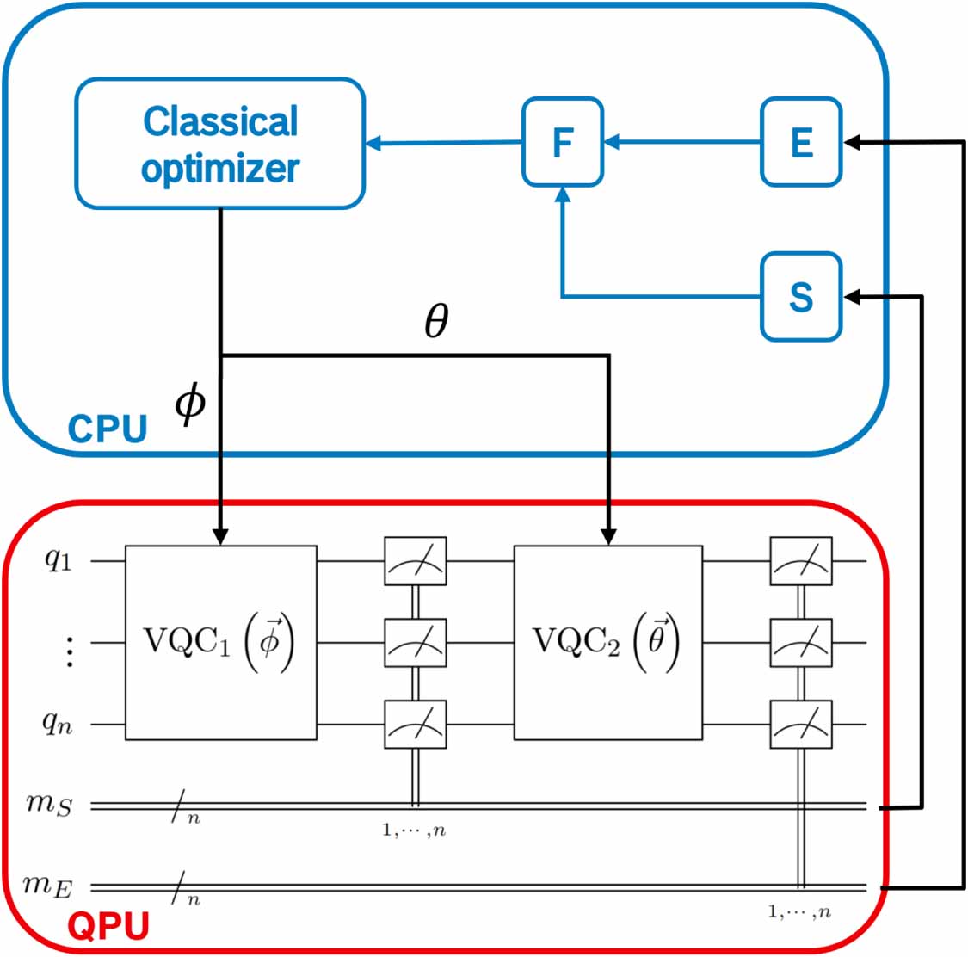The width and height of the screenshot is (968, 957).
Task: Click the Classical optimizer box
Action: [x=220, y=144]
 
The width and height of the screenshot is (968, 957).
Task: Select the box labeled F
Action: [x=563, y=142]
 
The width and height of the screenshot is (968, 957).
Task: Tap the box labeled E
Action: [x=801, y=142]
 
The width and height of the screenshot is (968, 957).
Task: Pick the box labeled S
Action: [x=801, y=297]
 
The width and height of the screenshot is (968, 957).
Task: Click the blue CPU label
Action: [x=107, y=428]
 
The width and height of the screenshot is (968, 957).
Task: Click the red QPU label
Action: [x=108, y=927]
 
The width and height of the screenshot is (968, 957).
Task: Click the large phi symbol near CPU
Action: [x=190, y=402]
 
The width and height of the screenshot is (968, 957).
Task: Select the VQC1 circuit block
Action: [x=221, y=642]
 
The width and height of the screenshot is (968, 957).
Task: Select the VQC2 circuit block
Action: [x=607, y=642]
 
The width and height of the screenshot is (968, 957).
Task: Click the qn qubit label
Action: [x=58, y=725]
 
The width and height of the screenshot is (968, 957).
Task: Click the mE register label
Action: [x=49, y=886]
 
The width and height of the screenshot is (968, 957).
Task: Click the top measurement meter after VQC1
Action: [x=415, y=561]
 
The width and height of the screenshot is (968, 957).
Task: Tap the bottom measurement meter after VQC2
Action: [x=801, y=725]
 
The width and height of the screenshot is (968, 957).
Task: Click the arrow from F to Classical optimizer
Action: [x=444, y=143]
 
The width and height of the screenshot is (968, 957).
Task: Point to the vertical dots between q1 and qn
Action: [x=70, y=652]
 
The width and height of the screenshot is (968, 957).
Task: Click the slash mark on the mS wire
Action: [x=179, y=807]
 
